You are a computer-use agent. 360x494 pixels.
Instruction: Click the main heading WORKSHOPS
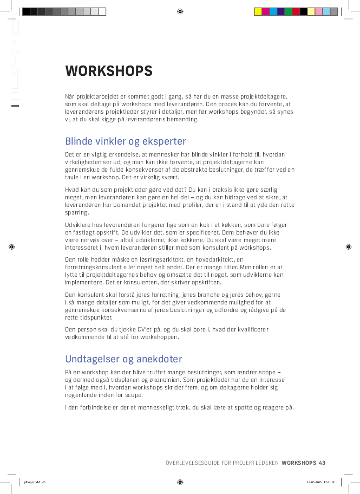click(108, 71)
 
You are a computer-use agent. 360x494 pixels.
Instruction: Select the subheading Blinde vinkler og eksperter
click(125, 142)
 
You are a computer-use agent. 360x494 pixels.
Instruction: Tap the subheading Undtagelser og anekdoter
click(123, 359)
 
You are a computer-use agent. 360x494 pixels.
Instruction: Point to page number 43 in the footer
click(322, 463)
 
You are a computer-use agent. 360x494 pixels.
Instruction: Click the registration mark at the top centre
click(180, 11)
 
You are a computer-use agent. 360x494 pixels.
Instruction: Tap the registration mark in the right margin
click(349, 246)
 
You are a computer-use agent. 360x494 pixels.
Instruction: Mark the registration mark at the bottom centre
click(180, 482)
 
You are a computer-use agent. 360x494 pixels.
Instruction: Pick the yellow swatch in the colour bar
click(258, 11)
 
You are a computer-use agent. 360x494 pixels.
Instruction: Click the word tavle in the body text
click(71, 178)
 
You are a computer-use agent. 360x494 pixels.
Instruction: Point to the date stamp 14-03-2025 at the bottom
click(313, 482)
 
